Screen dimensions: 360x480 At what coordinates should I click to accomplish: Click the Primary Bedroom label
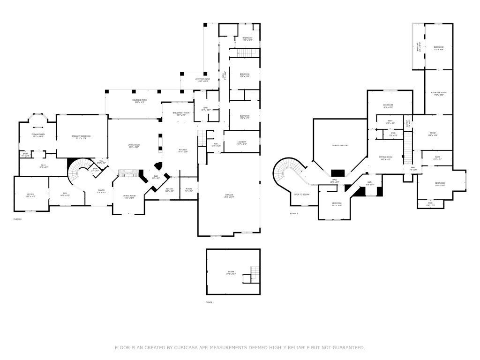click(x=82, y=137)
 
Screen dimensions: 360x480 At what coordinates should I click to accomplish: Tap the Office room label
click(x=30, y=195)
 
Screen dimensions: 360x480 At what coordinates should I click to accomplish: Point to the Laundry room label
click(x=242, y=143)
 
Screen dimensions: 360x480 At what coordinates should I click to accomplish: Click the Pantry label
click(x=169, y=190)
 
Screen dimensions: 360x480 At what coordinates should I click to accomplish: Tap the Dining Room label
click(x=129, y=196)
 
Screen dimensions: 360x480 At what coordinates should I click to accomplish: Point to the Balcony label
click(x=419, y=47)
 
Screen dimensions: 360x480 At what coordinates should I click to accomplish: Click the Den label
click(x=65, y=195)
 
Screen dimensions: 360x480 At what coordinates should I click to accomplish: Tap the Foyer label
click(x=101, y=191)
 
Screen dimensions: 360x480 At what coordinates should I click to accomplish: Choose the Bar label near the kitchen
click(x=156, y=177)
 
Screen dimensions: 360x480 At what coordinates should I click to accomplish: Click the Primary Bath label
click(x=38, y=135)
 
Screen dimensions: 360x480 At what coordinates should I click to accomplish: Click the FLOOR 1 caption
click(x=210, y=302)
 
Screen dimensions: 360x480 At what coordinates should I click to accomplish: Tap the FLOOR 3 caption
click(x=293, y=214)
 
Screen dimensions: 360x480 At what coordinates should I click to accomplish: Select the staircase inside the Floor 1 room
click(x=255, y=271)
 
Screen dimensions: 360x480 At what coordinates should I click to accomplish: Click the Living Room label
click(x=134, y=146)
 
